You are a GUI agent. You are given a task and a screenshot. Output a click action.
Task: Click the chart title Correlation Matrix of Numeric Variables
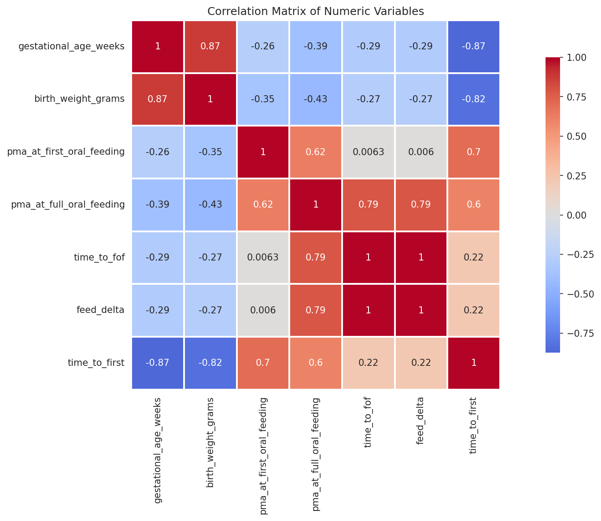tap(315, 11)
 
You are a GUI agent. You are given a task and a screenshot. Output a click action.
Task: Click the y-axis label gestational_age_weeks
tap(71, 46)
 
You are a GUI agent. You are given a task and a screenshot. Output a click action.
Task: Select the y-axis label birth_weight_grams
tap(79, 99)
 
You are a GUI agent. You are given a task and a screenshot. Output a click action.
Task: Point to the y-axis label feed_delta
tap(100, 310)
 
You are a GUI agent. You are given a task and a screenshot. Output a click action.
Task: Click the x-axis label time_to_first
tap(474, 426)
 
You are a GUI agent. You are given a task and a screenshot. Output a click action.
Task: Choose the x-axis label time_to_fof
tap(368, 423)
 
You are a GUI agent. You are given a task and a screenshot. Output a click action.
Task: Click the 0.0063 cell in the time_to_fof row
tap(263, 257)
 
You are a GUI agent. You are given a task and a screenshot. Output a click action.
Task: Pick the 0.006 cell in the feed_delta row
tap(263, 310)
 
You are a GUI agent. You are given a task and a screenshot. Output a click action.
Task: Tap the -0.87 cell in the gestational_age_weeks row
tap(474, 46)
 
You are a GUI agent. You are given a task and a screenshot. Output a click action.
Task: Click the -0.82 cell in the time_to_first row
tap(210, 363)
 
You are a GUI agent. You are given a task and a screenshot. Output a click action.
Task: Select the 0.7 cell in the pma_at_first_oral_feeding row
tap(474, 152)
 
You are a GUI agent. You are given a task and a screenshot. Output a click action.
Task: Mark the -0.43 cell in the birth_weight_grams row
tap(315, 99)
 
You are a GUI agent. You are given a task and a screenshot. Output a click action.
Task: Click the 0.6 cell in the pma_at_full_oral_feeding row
tap(474, 205)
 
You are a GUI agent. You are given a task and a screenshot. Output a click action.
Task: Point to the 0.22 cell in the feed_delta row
tap(474, 310)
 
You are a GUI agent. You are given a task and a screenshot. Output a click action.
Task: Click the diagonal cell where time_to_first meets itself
tap(474, 363)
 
